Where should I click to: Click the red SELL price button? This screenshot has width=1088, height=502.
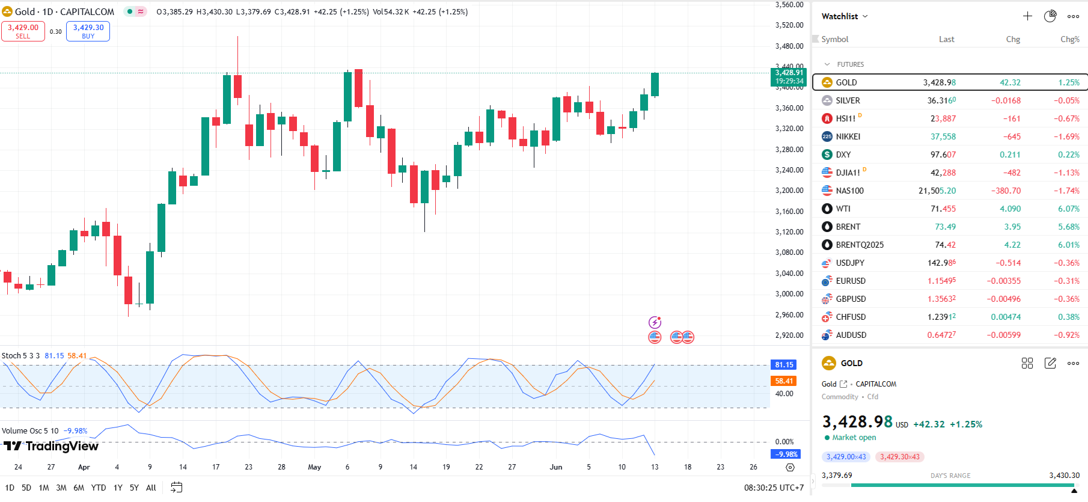click(x=23, y=31)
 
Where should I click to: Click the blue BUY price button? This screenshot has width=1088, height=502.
click(x=88, y=31)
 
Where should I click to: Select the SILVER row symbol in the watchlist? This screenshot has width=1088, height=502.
click(x=848, y=100)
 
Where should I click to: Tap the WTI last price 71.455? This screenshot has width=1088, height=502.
click(x=944, y=209)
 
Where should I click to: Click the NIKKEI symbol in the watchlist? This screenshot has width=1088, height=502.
click(x=848, y=136)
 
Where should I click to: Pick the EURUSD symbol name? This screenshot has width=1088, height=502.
click(x=851, y=281)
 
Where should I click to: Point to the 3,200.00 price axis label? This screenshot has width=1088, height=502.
click(x=789, y=191)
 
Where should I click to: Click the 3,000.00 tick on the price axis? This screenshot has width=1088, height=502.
click(x=789, y=294)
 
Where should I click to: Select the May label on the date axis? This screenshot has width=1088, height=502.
click(x=314, y=467)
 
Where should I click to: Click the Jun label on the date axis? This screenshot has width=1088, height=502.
click(x=556, y=467)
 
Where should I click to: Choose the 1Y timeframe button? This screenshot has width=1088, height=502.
click(x=118, y=488)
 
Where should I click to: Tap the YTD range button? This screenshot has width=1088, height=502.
click(x=99, y=488)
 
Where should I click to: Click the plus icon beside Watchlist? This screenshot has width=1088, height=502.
click(x=1027, y=16)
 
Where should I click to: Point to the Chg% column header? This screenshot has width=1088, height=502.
click(x=1069, y=39)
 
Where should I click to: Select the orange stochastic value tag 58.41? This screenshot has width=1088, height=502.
click(x=784, y=381)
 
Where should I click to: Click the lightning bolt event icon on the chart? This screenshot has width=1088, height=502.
click(x=655, y=323)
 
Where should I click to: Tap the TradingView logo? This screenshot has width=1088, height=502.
click(x=51, y=446)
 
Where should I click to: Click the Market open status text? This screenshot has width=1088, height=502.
click(x=854, y=438)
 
